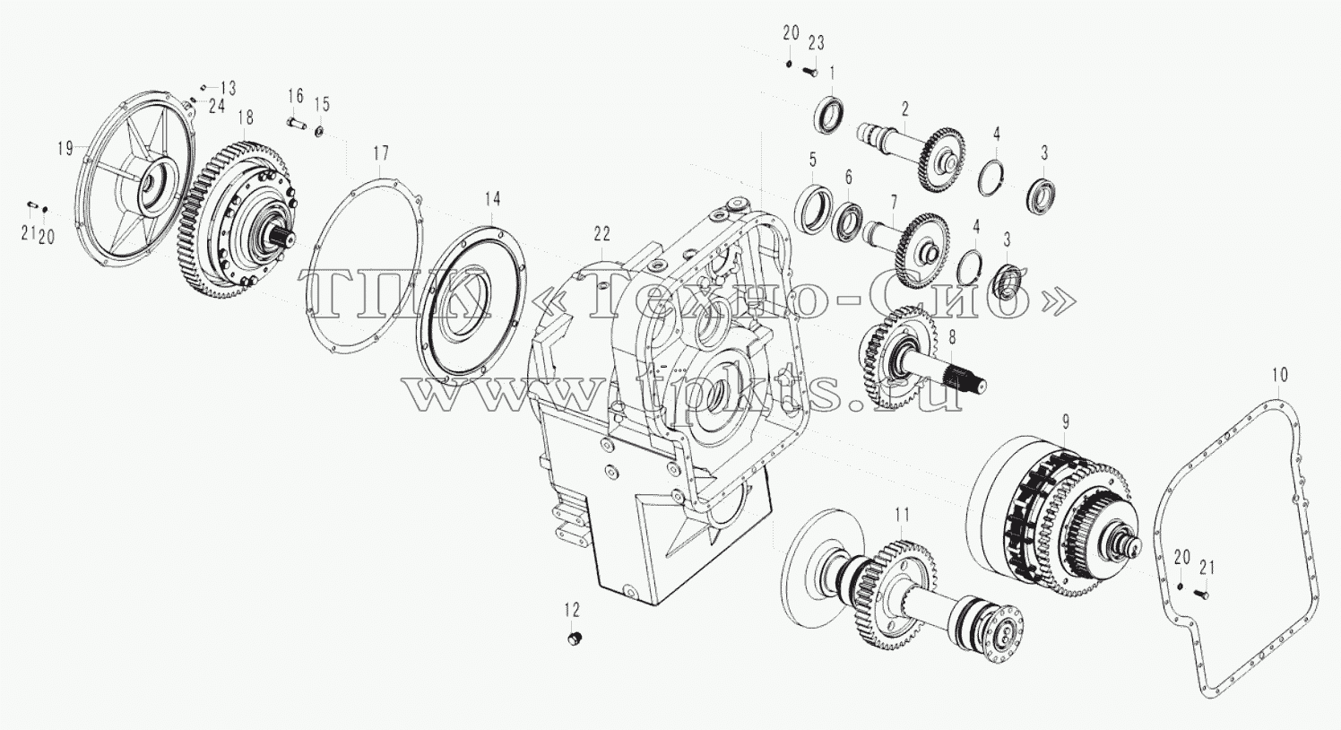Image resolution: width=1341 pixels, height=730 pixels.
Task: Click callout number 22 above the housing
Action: pos(601,234)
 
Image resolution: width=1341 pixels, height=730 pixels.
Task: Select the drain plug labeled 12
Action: pos(575,639)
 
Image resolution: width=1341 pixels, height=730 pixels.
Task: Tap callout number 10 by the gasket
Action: pos(1279,376)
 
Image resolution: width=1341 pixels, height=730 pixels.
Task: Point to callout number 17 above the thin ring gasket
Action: pos(381,153)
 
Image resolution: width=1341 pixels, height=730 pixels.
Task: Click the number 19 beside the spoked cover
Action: pos(65,148)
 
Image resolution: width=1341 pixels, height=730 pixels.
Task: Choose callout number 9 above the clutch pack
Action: pos(1065,421)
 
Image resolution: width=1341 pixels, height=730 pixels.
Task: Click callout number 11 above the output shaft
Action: pos(902,515)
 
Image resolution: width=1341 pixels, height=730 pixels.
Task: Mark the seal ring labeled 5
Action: pos(813,210)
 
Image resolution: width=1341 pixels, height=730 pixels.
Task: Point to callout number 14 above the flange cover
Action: pos(492,199)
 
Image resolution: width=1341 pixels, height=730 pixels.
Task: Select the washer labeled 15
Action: pos(320,131)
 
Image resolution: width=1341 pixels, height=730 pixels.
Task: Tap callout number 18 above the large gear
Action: pos(246,117)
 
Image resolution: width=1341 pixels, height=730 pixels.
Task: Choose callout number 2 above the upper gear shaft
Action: pos(905,109)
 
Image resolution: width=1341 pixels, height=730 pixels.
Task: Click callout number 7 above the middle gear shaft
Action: pos(893,202)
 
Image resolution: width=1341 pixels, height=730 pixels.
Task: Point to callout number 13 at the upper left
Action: pos(228,88)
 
